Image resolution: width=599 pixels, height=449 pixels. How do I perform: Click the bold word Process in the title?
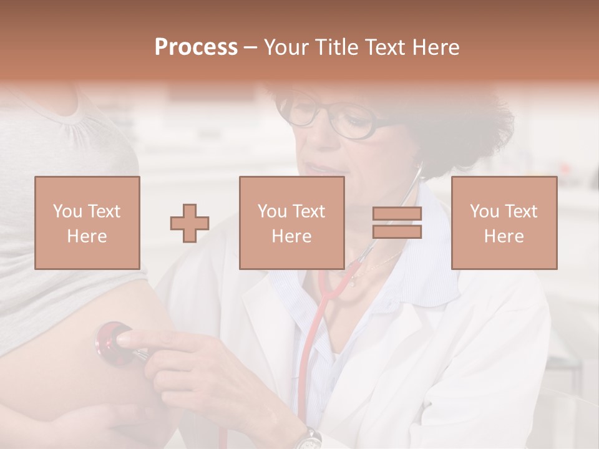tap(196, 47)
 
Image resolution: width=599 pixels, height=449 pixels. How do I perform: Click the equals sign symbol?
tap(397, 223)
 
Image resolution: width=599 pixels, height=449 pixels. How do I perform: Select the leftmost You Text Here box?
tap(87, 223)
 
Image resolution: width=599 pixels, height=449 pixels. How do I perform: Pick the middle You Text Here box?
tap(291, 223)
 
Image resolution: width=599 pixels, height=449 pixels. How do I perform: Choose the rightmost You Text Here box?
tap(504, 223)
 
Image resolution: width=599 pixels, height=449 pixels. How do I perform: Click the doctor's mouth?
tap(319, 168)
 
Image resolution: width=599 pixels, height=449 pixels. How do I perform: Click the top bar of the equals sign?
tap(397, 214)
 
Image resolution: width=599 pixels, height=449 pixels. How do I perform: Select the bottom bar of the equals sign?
tap(397, 232)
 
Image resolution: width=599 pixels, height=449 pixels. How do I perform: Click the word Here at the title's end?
tap(436, 47)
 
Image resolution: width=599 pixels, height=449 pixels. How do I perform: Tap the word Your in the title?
tap(286, 47)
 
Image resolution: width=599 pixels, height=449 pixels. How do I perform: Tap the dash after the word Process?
tap(251, 49)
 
